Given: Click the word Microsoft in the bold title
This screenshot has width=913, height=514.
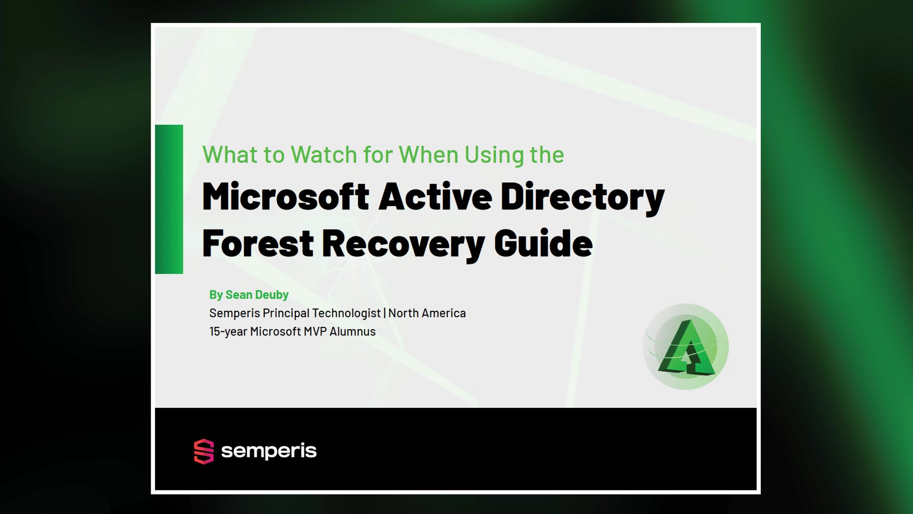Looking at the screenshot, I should click(x=285, y=197).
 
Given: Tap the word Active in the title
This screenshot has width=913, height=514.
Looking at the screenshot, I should click(x=435, y=197).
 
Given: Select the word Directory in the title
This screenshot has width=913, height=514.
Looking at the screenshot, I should click(x=582, y=197).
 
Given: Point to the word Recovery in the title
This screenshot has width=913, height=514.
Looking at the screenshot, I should click(x=403, y=243).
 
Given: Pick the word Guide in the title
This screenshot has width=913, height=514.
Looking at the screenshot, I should click(x=543, y=243).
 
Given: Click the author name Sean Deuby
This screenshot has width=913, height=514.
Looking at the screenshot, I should click(x=257, y=295).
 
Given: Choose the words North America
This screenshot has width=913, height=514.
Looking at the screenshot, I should click(x=427, y=313).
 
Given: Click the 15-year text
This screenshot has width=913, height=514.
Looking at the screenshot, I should click(x=228, y=332).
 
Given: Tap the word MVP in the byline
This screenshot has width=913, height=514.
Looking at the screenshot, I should click(x=314, y=332).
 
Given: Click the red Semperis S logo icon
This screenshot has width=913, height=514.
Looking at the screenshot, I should click(x=204, y=451).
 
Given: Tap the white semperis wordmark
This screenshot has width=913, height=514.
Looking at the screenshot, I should click(x=269, y=451).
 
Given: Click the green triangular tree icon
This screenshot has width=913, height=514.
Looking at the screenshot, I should click(x=686, y=347).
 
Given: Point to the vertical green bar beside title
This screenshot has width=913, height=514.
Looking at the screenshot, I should click(x=169, y=199).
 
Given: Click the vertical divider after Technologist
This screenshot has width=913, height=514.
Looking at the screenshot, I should click(x=385, y=313).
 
